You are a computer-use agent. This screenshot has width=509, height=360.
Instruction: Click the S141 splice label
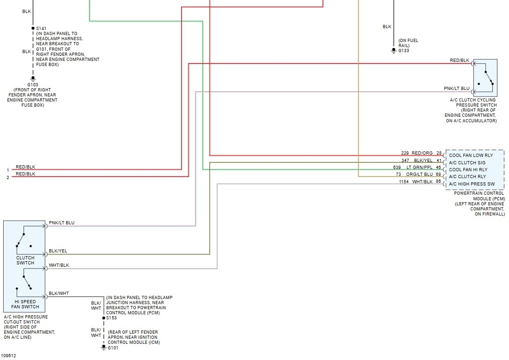point(41,29)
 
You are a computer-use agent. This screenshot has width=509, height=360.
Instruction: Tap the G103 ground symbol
point(33,78)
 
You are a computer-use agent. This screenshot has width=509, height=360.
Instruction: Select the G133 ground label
point(404,50)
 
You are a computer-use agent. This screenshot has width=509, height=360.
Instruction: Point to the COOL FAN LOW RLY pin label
point(471,156)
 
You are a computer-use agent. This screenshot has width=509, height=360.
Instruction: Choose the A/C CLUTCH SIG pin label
point(467,162)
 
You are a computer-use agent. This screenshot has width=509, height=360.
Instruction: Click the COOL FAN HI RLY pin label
point(468,169)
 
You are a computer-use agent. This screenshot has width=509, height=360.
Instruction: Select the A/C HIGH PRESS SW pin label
point(471,184)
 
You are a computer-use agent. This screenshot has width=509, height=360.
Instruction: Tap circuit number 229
point(405,153)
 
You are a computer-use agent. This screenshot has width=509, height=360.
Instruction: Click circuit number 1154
point(404,182)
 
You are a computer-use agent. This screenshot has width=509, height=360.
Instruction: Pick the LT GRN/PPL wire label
point(420,168)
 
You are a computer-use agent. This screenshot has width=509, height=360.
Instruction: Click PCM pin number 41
point(439,161)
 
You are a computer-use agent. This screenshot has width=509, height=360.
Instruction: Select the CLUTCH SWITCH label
point(25,260)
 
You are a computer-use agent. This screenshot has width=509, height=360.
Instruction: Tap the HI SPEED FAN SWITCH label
point(25,304)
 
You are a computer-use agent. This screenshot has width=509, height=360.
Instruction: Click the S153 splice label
point(111,318)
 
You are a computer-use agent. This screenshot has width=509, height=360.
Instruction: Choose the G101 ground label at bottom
point(113,348)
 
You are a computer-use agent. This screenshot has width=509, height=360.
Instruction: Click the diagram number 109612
point(8,356)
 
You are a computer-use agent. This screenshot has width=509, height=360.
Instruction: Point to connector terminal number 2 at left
point(7,177)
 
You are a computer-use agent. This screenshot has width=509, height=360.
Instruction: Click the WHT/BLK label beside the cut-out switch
point(59,265)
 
